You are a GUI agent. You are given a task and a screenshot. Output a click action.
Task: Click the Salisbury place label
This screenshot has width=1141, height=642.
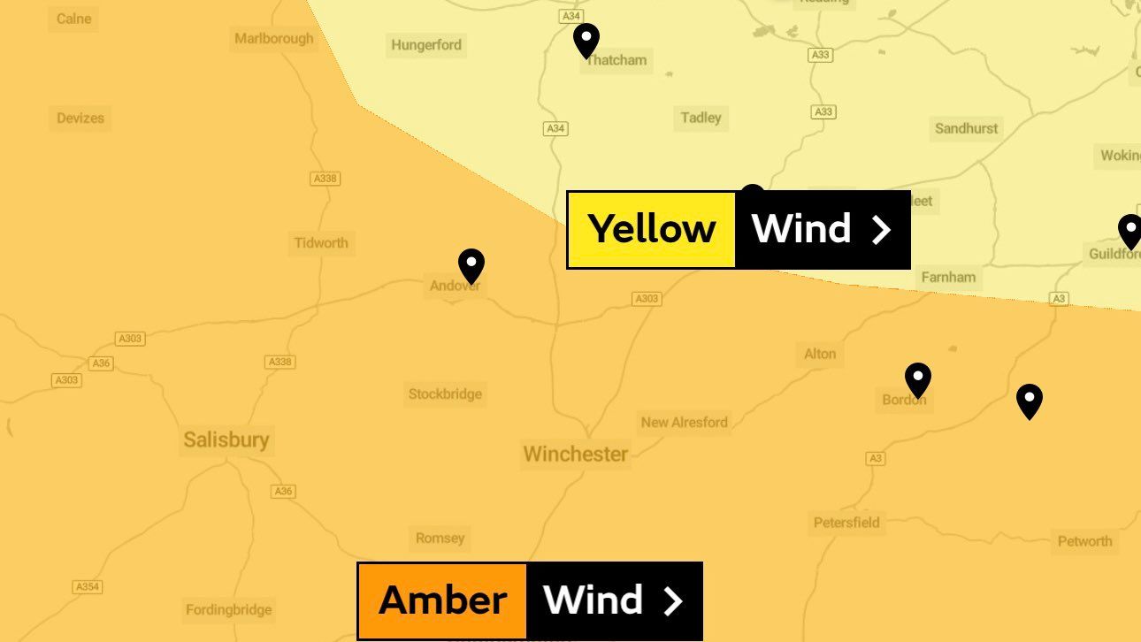[x=226, y=439]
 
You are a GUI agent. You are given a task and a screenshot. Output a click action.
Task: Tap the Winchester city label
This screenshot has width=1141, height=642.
[x=575, y=454]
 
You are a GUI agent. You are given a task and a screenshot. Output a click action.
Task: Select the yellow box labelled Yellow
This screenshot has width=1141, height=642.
[x=652, y=229]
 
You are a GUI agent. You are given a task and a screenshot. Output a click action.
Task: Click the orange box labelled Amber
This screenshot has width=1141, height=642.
[x=442, y=600]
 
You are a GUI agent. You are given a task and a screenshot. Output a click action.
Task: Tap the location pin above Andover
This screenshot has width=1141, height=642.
[x=471, y=265]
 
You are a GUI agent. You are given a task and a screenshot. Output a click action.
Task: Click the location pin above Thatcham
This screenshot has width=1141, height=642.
[x=586, y=40]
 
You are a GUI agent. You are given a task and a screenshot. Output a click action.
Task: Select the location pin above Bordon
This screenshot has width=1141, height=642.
[x=918, y=379]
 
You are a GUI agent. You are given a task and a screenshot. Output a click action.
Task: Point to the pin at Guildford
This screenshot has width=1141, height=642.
[x=1130, y=231]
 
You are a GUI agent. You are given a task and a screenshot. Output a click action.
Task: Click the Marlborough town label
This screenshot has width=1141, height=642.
[x=274, y=38]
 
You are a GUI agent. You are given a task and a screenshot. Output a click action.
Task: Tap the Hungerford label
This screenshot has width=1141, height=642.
[x=426, y=45]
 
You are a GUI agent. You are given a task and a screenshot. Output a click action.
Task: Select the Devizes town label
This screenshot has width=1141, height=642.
[x=80, y=118]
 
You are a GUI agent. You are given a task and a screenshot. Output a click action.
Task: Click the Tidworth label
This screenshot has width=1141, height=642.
[x=321, y=242]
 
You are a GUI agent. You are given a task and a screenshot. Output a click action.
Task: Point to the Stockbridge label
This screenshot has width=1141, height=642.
[x=445, y=394]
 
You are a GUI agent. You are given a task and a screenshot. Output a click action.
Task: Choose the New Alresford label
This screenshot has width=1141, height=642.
[x=684, y=422]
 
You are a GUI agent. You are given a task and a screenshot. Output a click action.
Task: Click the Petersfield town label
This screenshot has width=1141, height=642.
[x=846, y=522]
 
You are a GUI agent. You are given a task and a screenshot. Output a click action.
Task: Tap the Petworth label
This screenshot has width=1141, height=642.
[x=1084, y=541]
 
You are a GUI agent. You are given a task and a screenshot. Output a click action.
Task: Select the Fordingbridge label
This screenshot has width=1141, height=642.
[x=229, y=609]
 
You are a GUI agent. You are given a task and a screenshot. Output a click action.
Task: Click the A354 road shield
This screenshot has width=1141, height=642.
[x=87, y=587]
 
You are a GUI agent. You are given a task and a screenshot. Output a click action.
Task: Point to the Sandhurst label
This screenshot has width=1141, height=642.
[x=966, y=128]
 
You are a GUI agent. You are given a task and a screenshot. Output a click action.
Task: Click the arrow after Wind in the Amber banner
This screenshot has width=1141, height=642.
[x=674, y=601]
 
